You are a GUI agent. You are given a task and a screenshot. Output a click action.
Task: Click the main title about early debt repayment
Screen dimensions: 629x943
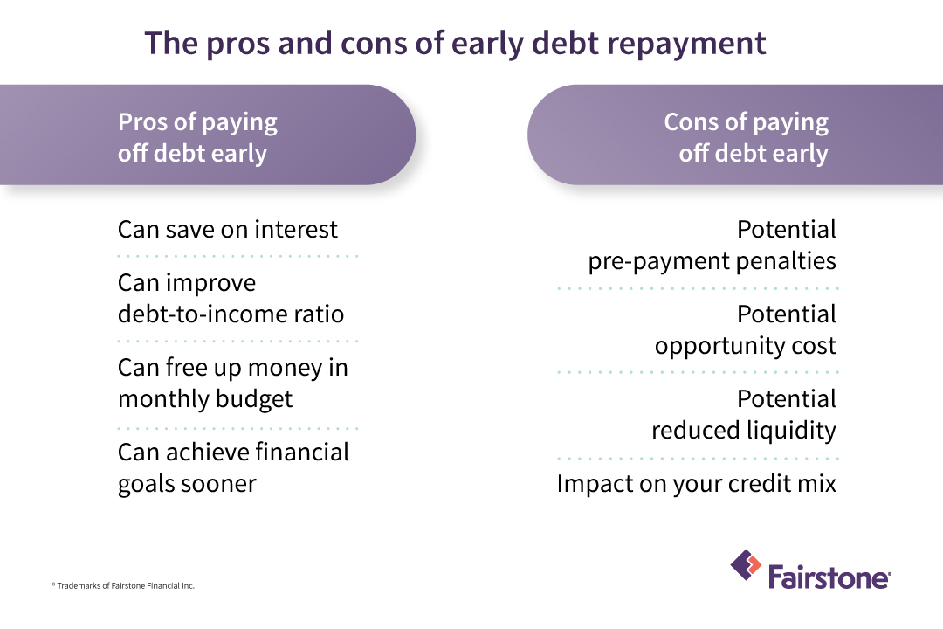455,43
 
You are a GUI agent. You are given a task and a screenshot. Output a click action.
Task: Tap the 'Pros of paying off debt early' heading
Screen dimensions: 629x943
197,137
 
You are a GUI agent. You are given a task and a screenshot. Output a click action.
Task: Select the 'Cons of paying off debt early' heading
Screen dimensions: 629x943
746,137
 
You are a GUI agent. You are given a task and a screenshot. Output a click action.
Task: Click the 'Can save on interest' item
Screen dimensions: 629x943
227,230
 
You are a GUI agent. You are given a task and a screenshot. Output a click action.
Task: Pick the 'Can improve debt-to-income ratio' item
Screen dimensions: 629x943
231,298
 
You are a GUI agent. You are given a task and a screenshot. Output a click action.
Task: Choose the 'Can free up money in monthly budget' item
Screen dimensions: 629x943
232,383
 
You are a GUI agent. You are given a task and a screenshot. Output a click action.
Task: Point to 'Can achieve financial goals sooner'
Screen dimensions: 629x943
233,467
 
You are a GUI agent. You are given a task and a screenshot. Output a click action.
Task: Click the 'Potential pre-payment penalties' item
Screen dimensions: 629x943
712,245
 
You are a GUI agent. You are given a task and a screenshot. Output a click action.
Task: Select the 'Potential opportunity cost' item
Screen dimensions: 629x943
745,329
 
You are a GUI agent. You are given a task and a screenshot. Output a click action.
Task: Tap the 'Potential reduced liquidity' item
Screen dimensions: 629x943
743,414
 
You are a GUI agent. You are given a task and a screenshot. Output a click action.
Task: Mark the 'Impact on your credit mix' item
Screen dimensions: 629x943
696,483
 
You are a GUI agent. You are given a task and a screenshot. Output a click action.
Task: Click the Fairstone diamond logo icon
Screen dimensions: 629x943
746,565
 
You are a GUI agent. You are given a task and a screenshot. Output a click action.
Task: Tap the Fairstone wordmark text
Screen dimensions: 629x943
829,577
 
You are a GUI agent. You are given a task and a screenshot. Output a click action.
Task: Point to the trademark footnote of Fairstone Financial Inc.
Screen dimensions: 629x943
122,585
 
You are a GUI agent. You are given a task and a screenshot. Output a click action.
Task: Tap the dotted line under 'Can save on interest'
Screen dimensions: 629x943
237,256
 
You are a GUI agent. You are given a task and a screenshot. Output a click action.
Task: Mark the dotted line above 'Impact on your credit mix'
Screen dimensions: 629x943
697,458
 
